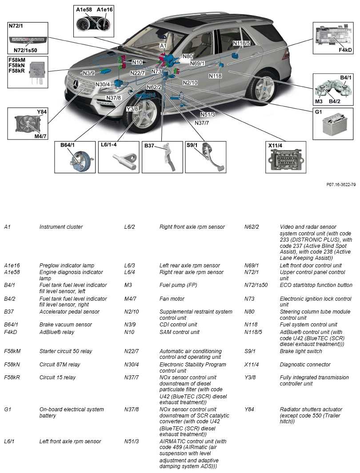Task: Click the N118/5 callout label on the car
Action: [x=242, y=43]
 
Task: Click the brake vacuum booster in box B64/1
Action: [x=80, y=161]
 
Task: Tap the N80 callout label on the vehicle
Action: [x=188, y=56]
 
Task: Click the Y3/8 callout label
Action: [x=132, y=109]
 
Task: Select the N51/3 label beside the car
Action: [x=207, y=114]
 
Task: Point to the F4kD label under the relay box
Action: [x=345, y=50]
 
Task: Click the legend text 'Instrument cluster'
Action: [x=61, y=227]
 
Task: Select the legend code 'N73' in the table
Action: [x=249, y=298]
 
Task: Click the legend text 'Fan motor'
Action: [x=172, y=298]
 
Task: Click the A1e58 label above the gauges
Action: [x=84, y=9]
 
